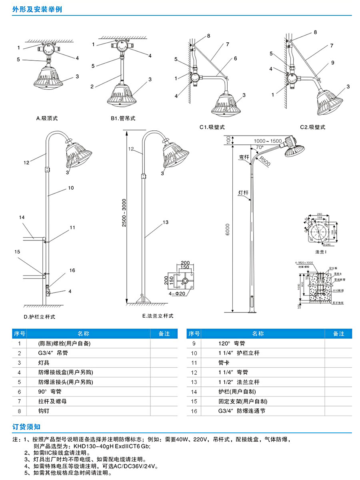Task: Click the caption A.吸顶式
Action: (47, 118)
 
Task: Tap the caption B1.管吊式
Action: (123, 118)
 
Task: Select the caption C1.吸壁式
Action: (212, 127)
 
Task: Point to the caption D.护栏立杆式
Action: (39, 317)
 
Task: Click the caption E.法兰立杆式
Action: (158, 316)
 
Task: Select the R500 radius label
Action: (265, 161)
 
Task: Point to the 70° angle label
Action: (260, 147)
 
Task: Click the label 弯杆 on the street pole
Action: (244, 157)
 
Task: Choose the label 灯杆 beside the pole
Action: (243, 193)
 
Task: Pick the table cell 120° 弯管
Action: (232, 343)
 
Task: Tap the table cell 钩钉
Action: (44, 411)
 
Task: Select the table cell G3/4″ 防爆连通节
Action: (242, 411)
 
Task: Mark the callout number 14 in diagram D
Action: (22, 218)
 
